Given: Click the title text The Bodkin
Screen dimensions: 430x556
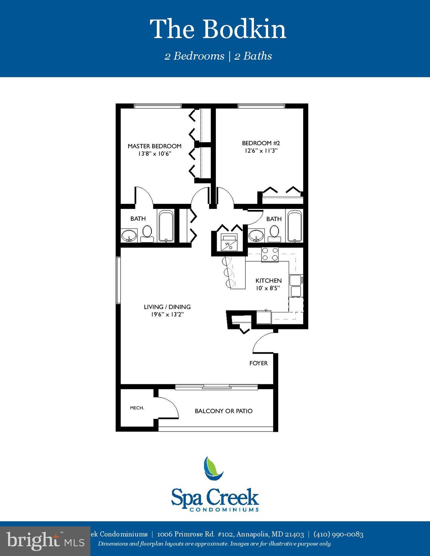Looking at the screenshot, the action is pos(218,29).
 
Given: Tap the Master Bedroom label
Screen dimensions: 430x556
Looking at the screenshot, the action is pos(154,146).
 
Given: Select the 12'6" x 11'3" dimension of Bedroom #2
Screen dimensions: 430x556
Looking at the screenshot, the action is pos(261,151).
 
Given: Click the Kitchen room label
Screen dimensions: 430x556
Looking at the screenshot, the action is pos(268,281).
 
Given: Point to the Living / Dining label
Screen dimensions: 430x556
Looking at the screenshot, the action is pos(167,307).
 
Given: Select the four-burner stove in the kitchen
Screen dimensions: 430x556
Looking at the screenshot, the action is pos(270,254).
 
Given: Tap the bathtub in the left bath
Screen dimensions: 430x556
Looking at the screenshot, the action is pos(166,226).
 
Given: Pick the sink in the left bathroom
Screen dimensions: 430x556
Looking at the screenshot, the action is pos(129,236).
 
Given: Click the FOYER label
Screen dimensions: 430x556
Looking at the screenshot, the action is pos(258,363).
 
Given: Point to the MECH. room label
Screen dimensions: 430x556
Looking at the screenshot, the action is pos(137,408).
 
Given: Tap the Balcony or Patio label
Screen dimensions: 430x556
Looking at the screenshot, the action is pos(224,411).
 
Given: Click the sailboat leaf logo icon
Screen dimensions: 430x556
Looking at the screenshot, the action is pos(213,468).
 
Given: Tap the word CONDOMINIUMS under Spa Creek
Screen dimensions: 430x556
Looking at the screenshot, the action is pos(224,509).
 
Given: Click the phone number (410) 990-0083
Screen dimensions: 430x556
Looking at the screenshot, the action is pos(338,534).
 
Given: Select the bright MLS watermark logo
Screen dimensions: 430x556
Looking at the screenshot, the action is pos(45,541).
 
